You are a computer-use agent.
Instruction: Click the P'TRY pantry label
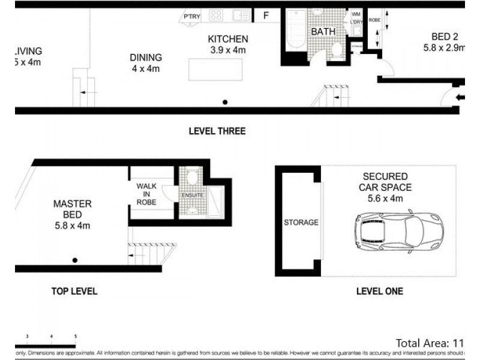pyautogui.click(x=192, y=17)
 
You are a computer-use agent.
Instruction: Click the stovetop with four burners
pyautogui.click(x=216, y=16)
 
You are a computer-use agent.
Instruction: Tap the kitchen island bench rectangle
pyautogui.click(x=215, y=69)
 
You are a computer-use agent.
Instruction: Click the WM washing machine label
pyautogui.click(x=355, y=14)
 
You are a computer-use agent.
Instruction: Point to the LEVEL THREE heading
pyautogui.click(x=217, y=131)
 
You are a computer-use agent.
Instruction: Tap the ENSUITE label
pyautogui.click(x=193, y=196)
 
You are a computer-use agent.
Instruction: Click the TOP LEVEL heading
pyautogui.click(x=74, y=291)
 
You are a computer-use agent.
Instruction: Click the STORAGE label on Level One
pyautogui.click(x=301, y=223)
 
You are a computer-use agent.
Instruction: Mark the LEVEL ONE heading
pyautogui.click(x=379, y=291)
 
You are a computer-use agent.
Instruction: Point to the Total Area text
pyautogui.click(x=430, y=343)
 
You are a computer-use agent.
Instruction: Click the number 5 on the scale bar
pyautogui.click(x=75, y=337)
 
